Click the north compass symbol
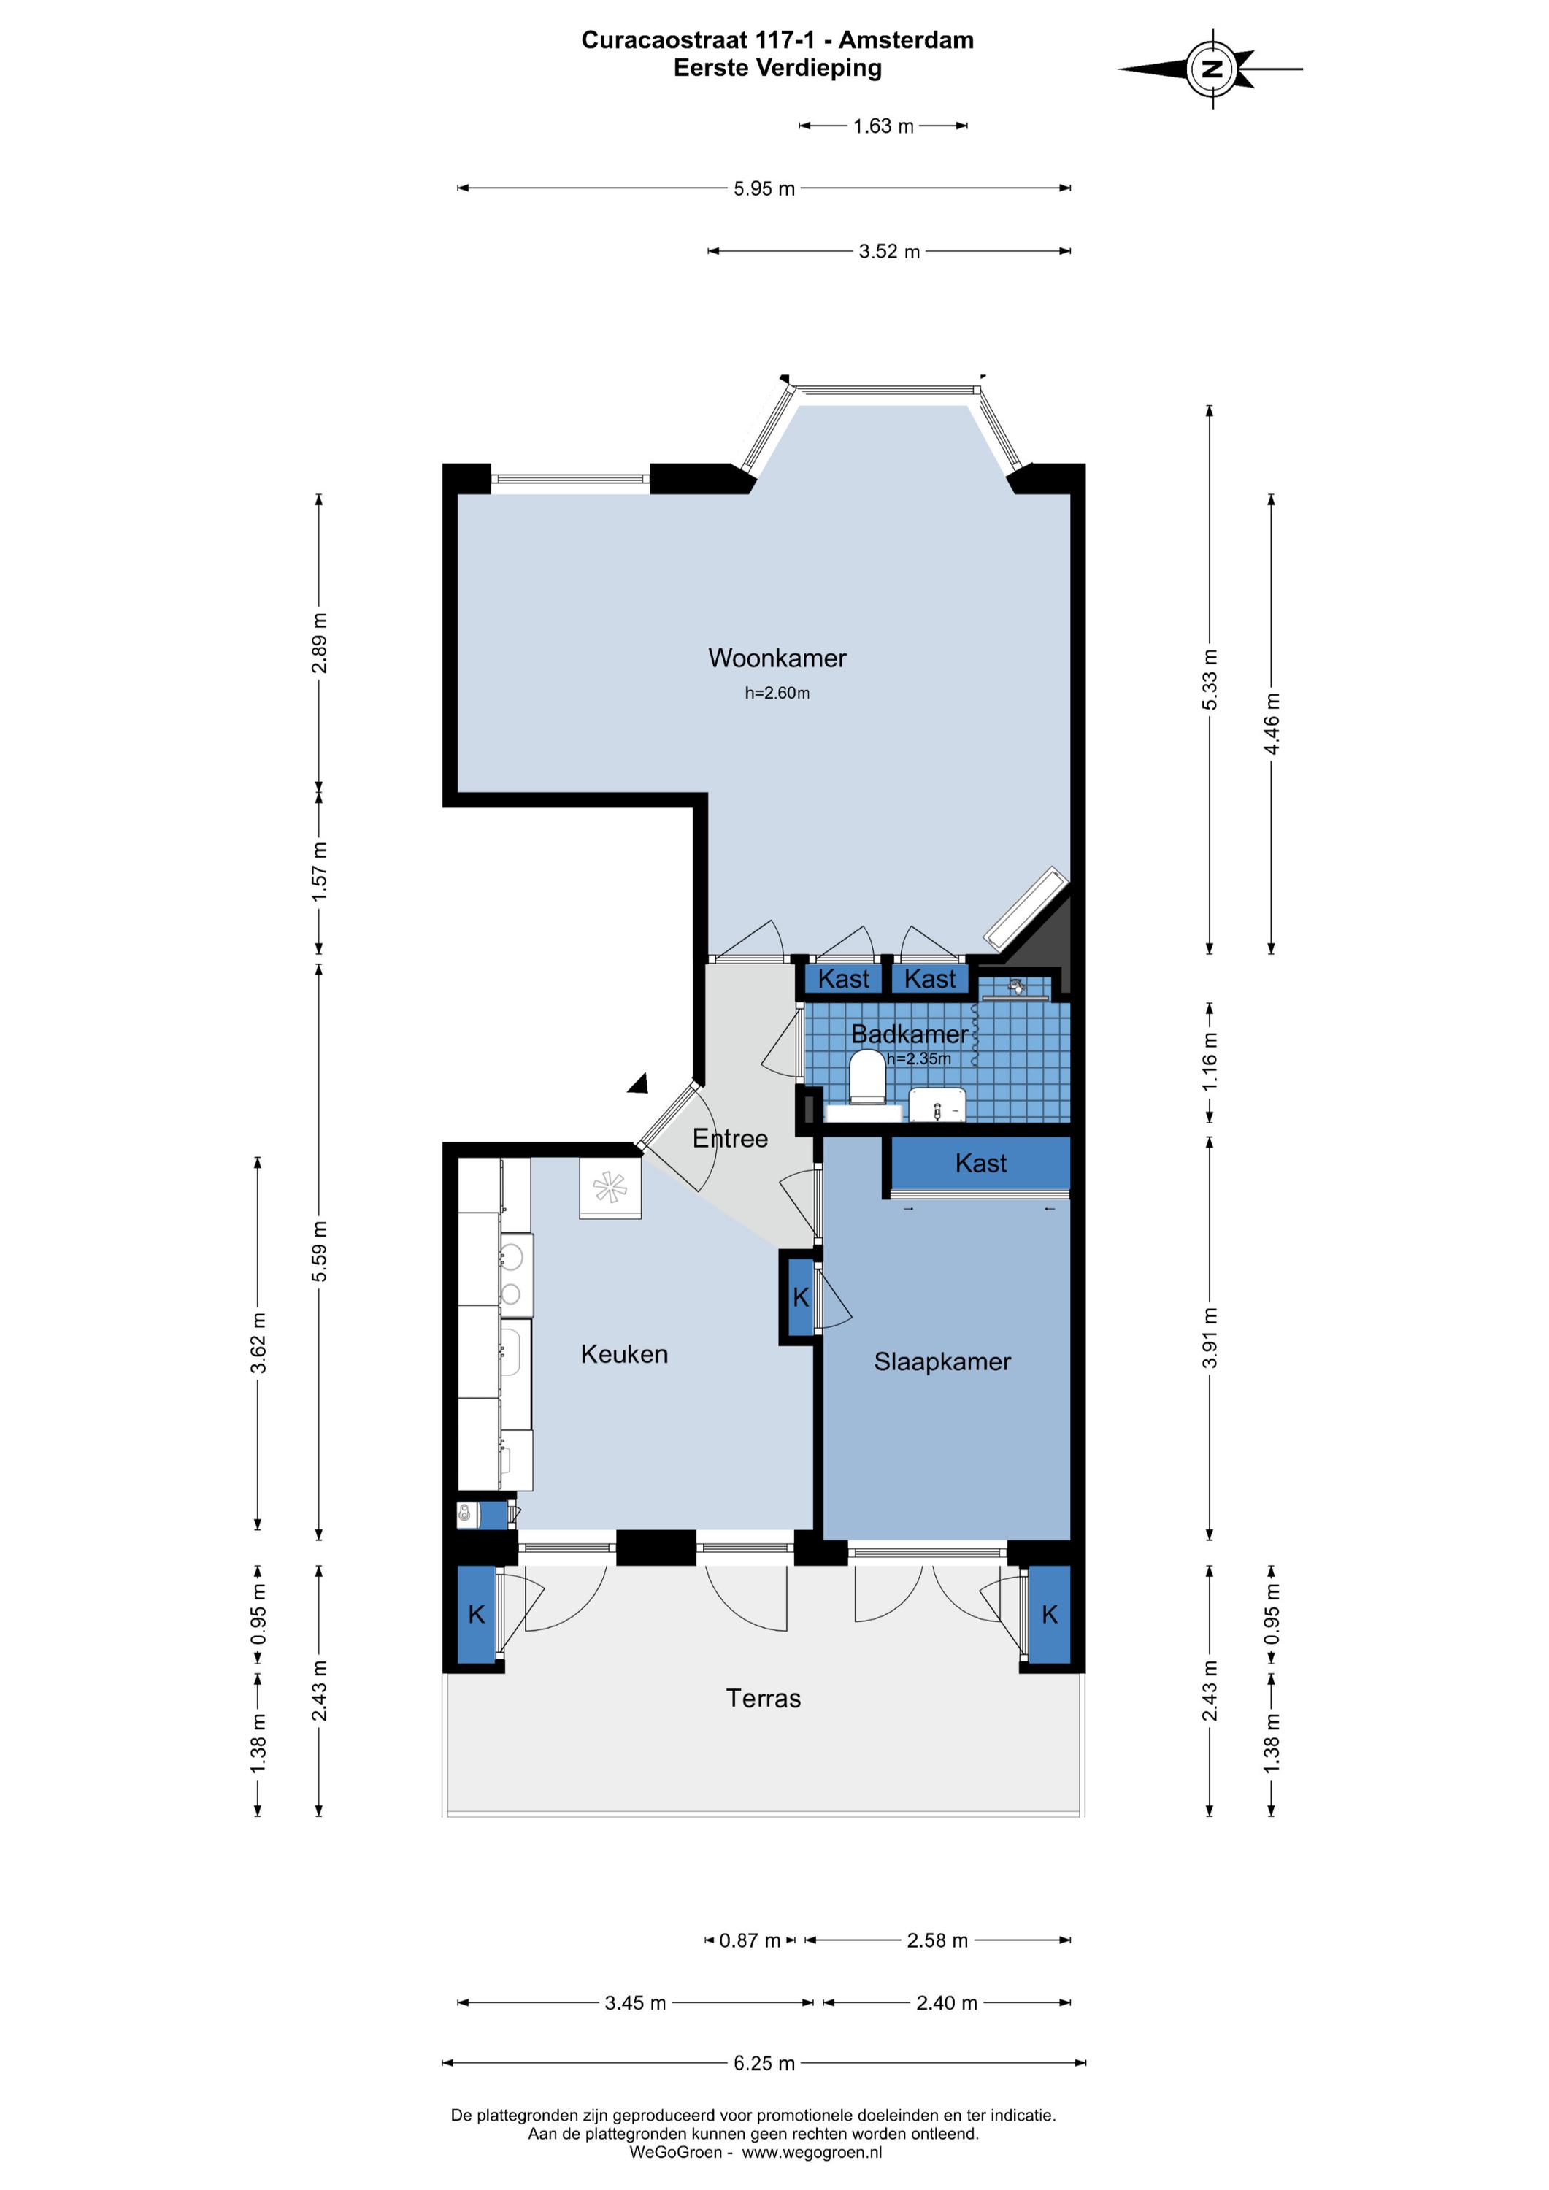point(1212,69)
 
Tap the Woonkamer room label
point(777,658)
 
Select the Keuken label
point(624,1354)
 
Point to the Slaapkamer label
point(942,1362)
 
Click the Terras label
point(763,1698)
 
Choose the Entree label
point(730,1138)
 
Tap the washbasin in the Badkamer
point(937,1104)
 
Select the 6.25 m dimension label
point(764,2063)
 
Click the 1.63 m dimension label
point(883,126)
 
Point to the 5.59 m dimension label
point(320,1251)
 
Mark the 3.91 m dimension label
point(1210,1337)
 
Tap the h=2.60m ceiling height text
point(777,693)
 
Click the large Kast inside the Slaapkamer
point(980,1164)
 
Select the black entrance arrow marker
point(639,1083)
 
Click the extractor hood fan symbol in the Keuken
point(610,1188)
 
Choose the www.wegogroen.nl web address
point(812,2153)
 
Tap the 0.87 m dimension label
point(750,1941)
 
